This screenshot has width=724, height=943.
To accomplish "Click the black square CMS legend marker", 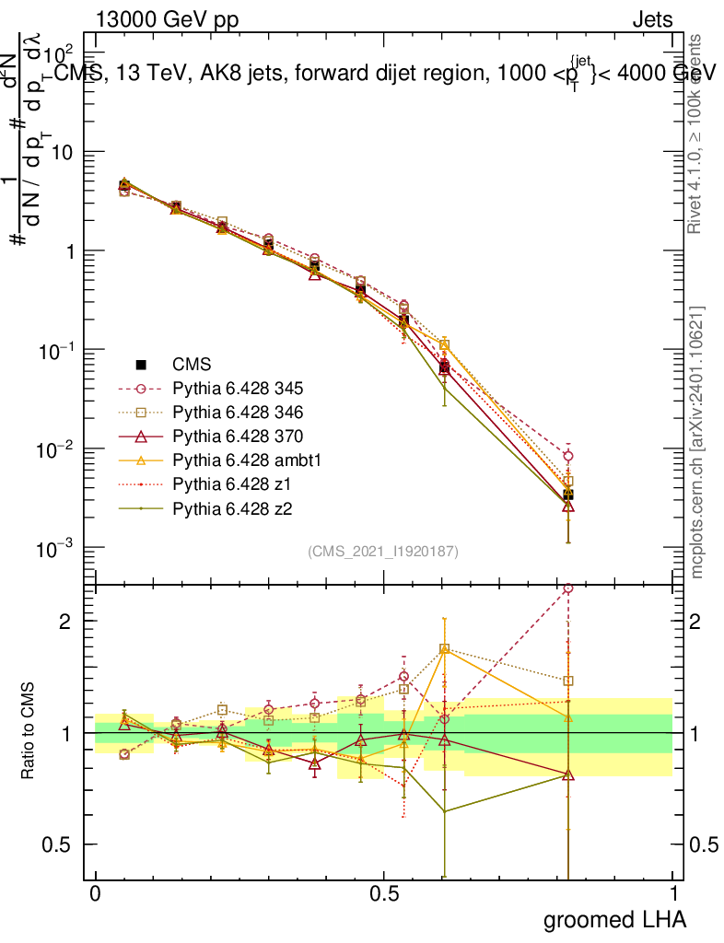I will click(x=141, y=364).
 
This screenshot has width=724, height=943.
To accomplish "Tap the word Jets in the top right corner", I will click(x=651, y=19).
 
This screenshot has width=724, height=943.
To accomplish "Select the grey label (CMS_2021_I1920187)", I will click(x=383, y=551).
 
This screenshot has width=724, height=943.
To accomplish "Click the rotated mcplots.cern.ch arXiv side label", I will click(x=698, y=442).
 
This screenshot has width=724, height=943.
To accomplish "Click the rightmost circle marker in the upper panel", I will click(x=568, y=456).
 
